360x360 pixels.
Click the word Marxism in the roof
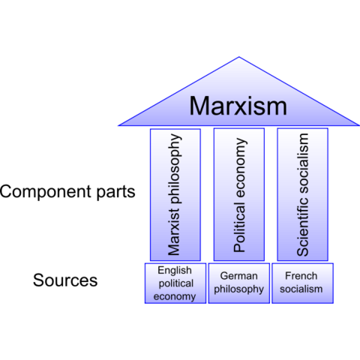[x=238, y=106]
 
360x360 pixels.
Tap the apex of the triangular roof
[x=239, y=58]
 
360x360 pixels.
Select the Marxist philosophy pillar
[x=175, y=194]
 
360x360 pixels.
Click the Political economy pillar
[x=239, y=194]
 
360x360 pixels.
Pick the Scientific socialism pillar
[x=303, y=194]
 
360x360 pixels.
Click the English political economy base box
[x=175, y=283]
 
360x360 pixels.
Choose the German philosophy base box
[x=239, y=283]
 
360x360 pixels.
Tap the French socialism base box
[x=303, y=283]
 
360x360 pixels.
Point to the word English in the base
[x=175, y=270]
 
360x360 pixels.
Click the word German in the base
[x=239, y=276]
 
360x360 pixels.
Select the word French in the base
[x=303, y=276]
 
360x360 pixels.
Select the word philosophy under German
[x=239, y=289]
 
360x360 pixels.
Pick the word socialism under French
[x=303, y=289]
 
